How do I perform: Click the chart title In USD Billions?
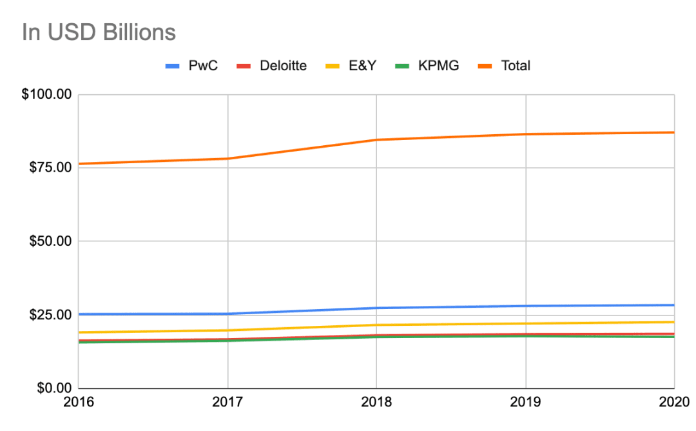(x=99, y=32)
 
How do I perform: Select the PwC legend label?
(x=203, y=66)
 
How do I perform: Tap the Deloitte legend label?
(x=283, y=66)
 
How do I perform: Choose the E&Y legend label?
(x=362, y=66)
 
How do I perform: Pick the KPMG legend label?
(x=438, y=66)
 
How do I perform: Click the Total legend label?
(x=516, y=66)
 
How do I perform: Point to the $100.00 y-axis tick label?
(x=46, y=94)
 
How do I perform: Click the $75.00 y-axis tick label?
(x=50, y=168)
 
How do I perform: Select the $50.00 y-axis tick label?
(x=50, y=241)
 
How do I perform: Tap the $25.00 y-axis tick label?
(x=50, y=315)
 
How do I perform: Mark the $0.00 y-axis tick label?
(x=54, y=388)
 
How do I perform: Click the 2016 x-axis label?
(x=79, y=402)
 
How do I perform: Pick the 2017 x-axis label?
(x=227, y=402)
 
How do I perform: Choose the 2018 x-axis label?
(x=376, y=402)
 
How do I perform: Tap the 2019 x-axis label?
(x=526, y=402)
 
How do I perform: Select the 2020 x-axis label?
(x=674, y=402)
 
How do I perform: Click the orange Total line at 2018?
(x=376, y=140)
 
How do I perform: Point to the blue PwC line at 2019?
(x=526, y=306)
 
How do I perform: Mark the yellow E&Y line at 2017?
(x=227, y=330)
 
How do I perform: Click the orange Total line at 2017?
(x=227, y=159)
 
